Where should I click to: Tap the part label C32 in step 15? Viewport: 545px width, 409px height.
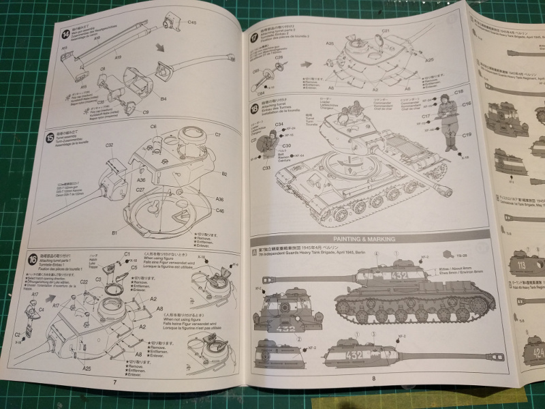(109, 145)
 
